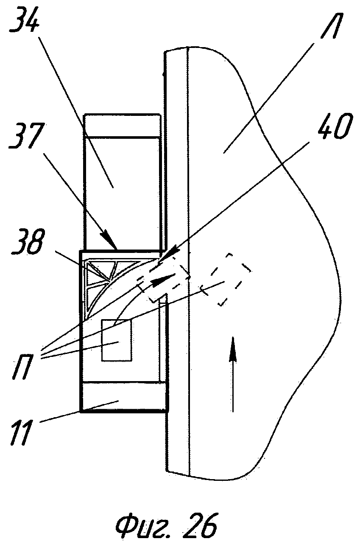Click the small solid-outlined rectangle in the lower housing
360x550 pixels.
coord(117,340)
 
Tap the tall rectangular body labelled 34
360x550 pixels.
coord(123,191)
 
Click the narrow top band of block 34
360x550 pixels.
coord(123,125)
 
